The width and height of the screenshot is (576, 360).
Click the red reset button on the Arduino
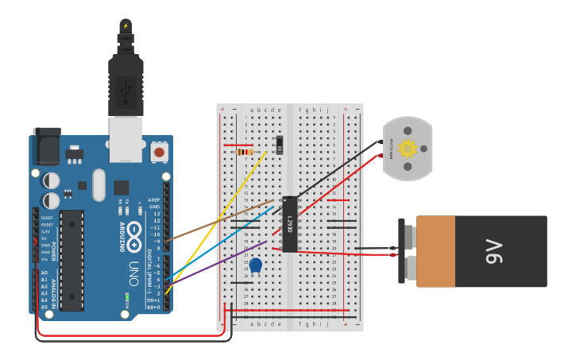[x=159, y=151]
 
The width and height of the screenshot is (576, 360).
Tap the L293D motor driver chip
[x=290, y=223]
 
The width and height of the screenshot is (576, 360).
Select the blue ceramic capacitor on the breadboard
[x=255, y=265]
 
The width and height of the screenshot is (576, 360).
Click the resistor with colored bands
[x=245, y=152]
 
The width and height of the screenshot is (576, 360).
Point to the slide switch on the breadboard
[x=278, y=145]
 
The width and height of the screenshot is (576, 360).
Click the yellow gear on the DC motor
[x=408, y=149]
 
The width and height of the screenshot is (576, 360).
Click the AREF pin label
[x=154, y=200]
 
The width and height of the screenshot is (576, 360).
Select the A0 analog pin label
[x=44, y=273]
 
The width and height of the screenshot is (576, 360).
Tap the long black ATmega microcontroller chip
[x=72, y=260]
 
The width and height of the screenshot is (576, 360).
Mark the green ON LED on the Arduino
[x=126, y=298]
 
